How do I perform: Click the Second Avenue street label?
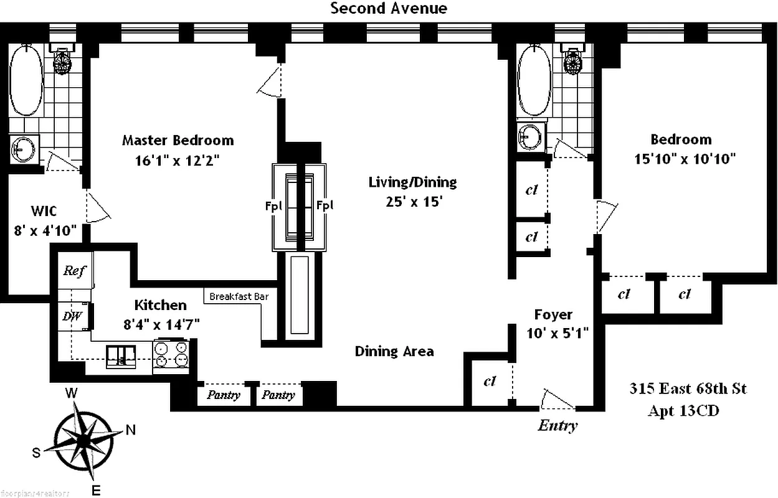[389, 9]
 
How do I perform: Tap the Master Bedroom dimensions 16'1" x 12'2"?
[178, 161]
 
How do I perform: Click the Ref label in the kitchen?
[74, 271]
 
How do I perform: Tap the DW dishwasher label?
[72, 316]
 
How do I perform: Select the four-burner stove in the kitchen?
[171, 356]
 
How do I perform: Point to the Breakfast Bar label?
[239, 296]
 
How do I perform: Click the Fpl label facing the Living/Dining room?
[324, 205]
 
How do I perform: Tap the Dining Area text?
[394, 351]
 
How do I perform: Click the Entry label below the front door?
[557, 426]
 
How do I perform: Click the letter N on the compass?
[131, 430]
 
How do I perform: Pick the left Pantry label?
[223, 395]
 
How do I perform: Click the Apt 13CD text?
[683, 411]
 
